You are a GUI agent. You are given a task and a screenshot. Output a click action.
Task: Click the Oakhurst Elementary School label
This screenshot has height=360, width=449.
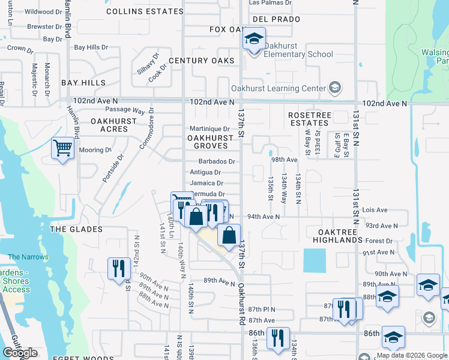299,55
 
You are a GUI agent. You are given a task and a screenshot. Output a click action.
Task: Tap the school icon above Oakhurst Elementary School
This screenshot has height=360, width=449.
254,40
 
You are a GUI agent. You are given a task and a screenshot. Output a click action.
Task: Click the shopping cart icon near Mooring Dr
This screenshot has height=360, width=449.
62,148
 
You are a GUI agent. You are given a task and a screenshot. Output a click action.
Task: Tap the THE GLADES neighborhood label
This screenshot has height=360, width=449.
76,229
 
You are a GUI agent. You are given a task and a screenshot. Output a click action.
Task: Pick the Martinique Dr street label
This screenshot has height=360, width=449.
209,129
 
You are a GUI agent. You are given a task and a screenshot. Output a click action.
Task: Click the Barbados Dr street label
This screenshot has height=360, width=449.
217,161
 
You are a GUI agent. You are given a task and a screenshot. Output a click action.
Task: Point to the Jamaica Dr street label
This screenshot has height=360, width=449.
207,183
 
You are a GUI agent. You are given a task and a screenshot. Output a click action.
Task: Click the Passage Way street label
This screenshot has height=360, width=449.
125,110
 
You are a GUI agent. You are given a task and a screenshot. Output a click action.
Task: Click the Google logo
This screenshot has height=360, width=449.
20,353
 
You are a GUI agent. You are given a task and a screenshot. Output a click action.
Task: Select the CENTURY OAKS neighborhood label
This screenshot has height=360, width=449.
201,61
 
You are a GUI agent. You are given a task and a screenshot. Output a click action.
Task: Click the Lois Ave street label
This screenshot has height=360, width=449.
376,211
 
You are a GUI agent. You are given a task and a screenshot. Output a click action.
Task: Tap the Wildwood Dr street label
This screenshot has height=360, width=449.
40,11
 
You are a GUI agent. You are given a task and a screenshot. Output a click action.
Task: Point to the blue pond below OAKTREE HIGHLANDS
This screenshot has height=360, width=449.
317,260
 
